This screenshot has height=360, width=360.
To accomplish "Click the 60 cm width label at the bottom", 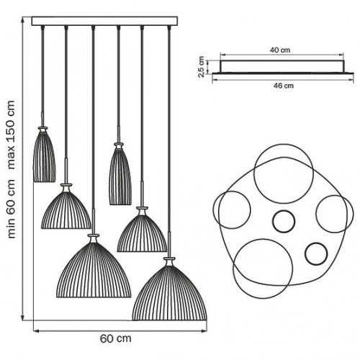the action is click(x=116, y=338).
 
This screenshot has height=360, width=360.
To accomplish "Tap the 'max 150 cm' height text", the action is click(x=12, y=135).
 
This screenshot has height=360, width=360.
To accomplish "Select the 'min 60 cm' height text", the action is click(x=12, y=209).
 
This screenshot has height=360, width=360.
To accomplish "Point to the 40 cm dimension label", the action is click(x=280, y=50).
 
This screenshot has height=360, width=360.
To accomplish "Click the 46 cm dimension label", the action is click(x=284, y=86).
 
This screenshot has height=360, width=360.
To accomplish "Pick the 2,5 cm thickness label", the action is click(x=201, y=67).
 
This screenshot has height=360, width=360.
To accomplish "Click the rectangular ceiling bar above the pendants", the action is click(x=104, y=21).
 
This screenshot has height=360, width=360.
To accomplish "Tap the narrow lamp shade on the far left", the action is click(x=44, y=154).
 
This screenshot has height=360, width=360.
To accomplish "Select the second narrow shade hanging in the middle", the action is click(x=120, y=174).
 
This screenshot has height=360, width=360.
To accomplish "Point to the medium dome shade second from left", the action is click(x=66, y=207).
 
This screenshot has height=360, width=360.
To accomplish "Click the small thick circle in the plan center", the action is click(x=284, y=210).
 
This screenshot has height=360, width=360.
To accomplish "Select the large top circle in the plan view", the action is click(x=284, y=144).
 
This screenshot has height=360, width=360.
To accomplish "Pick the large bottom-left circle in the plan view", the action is click(x=263, y=239).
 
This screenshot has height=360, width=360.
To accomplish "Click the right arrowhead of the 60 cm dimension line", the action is click(x=204, y=331).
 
